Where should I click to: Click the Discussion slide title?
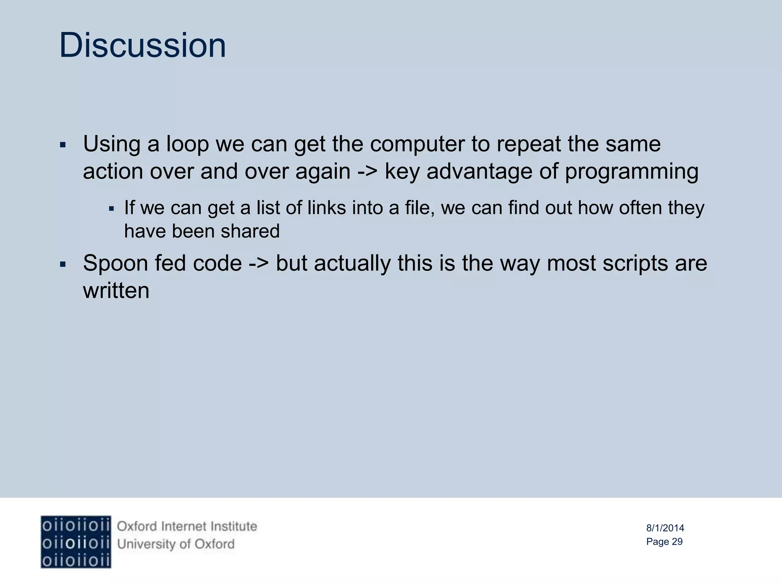pos(142,45)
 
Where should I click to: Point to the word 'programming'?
pos(632,172)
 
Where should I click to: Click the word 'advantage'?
pos(479,172)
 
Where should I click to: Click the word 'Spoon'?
pos(115,263)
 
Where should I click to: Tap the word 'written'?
pos(116,291)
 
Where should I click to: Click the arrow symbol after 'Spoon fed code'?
pos(259,263)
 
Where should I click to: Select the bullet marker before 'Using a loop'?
pos(63,145)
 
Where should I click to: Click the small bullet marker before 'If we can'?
pos(111,209)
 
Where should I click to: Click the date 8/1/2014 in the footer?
pos(665,528)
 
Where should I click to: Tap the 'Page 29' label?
pos(664,542)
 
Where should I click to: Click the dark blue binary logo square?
pos(76,542)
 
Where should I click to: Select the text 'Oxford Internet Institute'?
pos(187,526)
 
